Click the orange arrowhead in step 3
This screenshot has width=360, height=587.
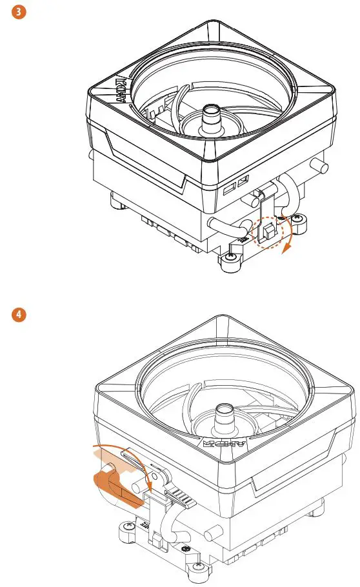tap(285, 252)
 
